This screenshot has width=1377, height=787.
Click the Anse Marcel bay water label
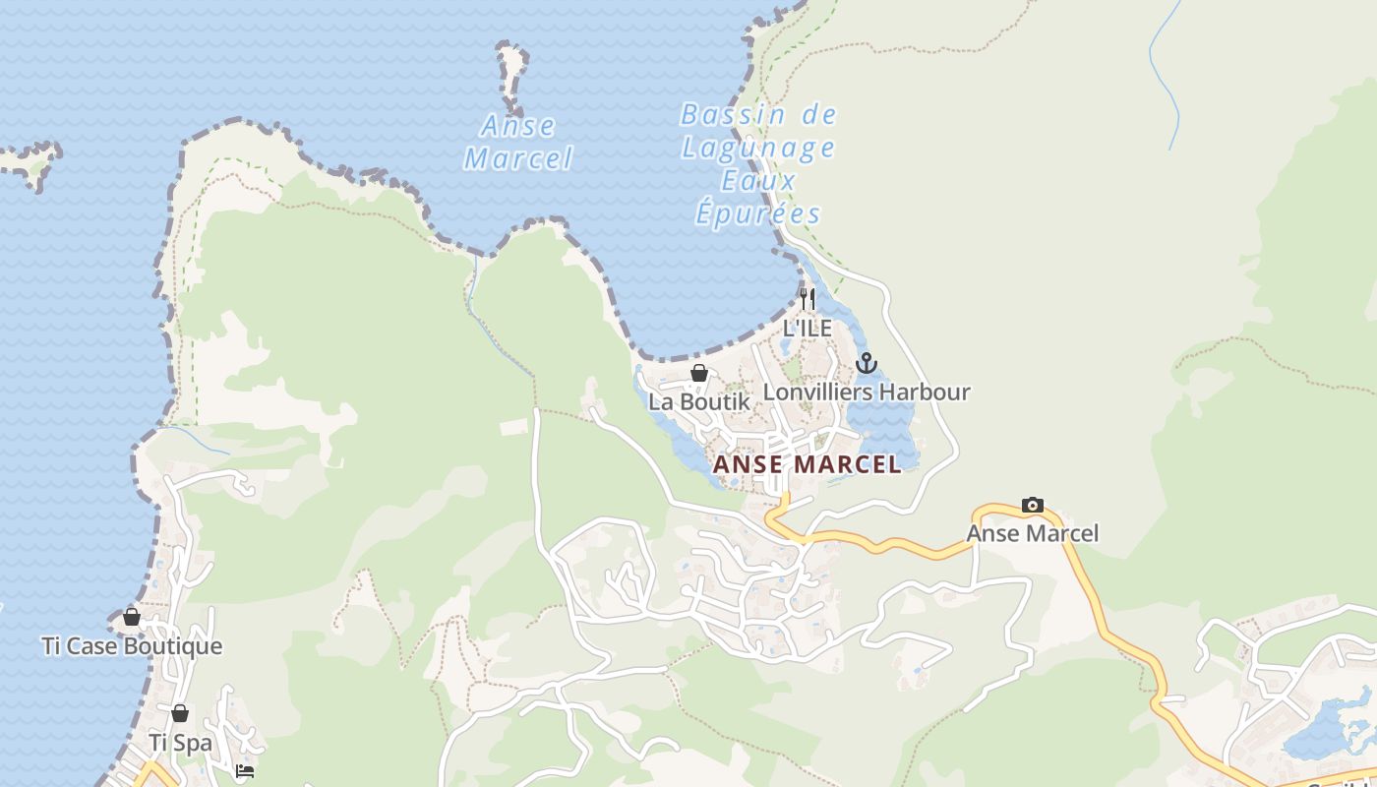pyautogui.click(x=518, y=142)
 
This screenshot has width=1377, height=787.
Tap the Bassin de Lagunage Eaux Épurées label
pyautogui.click(x=758, y=164)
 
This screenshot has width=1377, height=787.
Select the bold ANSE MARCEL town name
pyautogui.click(x=807, y=464)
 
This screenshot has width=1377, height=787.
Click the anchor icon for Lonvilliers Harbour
pyautogui.click(x=866, y=363)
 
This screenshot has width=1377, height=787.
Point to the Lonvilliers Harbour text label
pyautogui.click(x=867, y=392)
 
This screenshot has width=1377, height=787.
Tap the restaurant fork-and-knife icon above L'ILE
pyautogui.click(x=807, y=298)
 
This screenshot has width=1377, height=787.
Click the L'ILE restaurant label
pyautogui.click(x=807, y=328)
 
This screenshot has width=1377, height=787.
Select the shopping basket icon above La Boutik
pyautogui.click(x=699, y=373)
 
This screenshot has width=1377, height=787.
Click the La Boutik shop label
pyautogui.click(x=698, y=401)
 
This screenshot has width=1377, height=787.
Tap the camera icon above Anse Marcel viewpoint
pyautogui.click(x=1033, y=505)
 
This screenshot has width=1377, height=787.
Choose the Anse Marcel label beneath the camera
pyautogui.click(x=1033, y=533)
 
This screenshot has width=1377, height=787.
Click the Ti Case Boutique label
pyautogui.click(x=132, y=646)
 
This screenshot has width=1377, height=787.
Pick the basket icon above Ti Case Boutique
pyautogui.click(x=132, y=617)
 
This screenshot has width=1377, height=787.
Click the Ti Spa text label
pyautogui.click(x=180, y=743)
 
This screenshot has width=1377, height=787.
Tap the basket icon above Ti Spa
pyautogui.click(x=180, y=713)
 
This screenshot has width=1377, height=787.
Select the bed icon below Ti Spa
pyautogui.click(x=245, y=771)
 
